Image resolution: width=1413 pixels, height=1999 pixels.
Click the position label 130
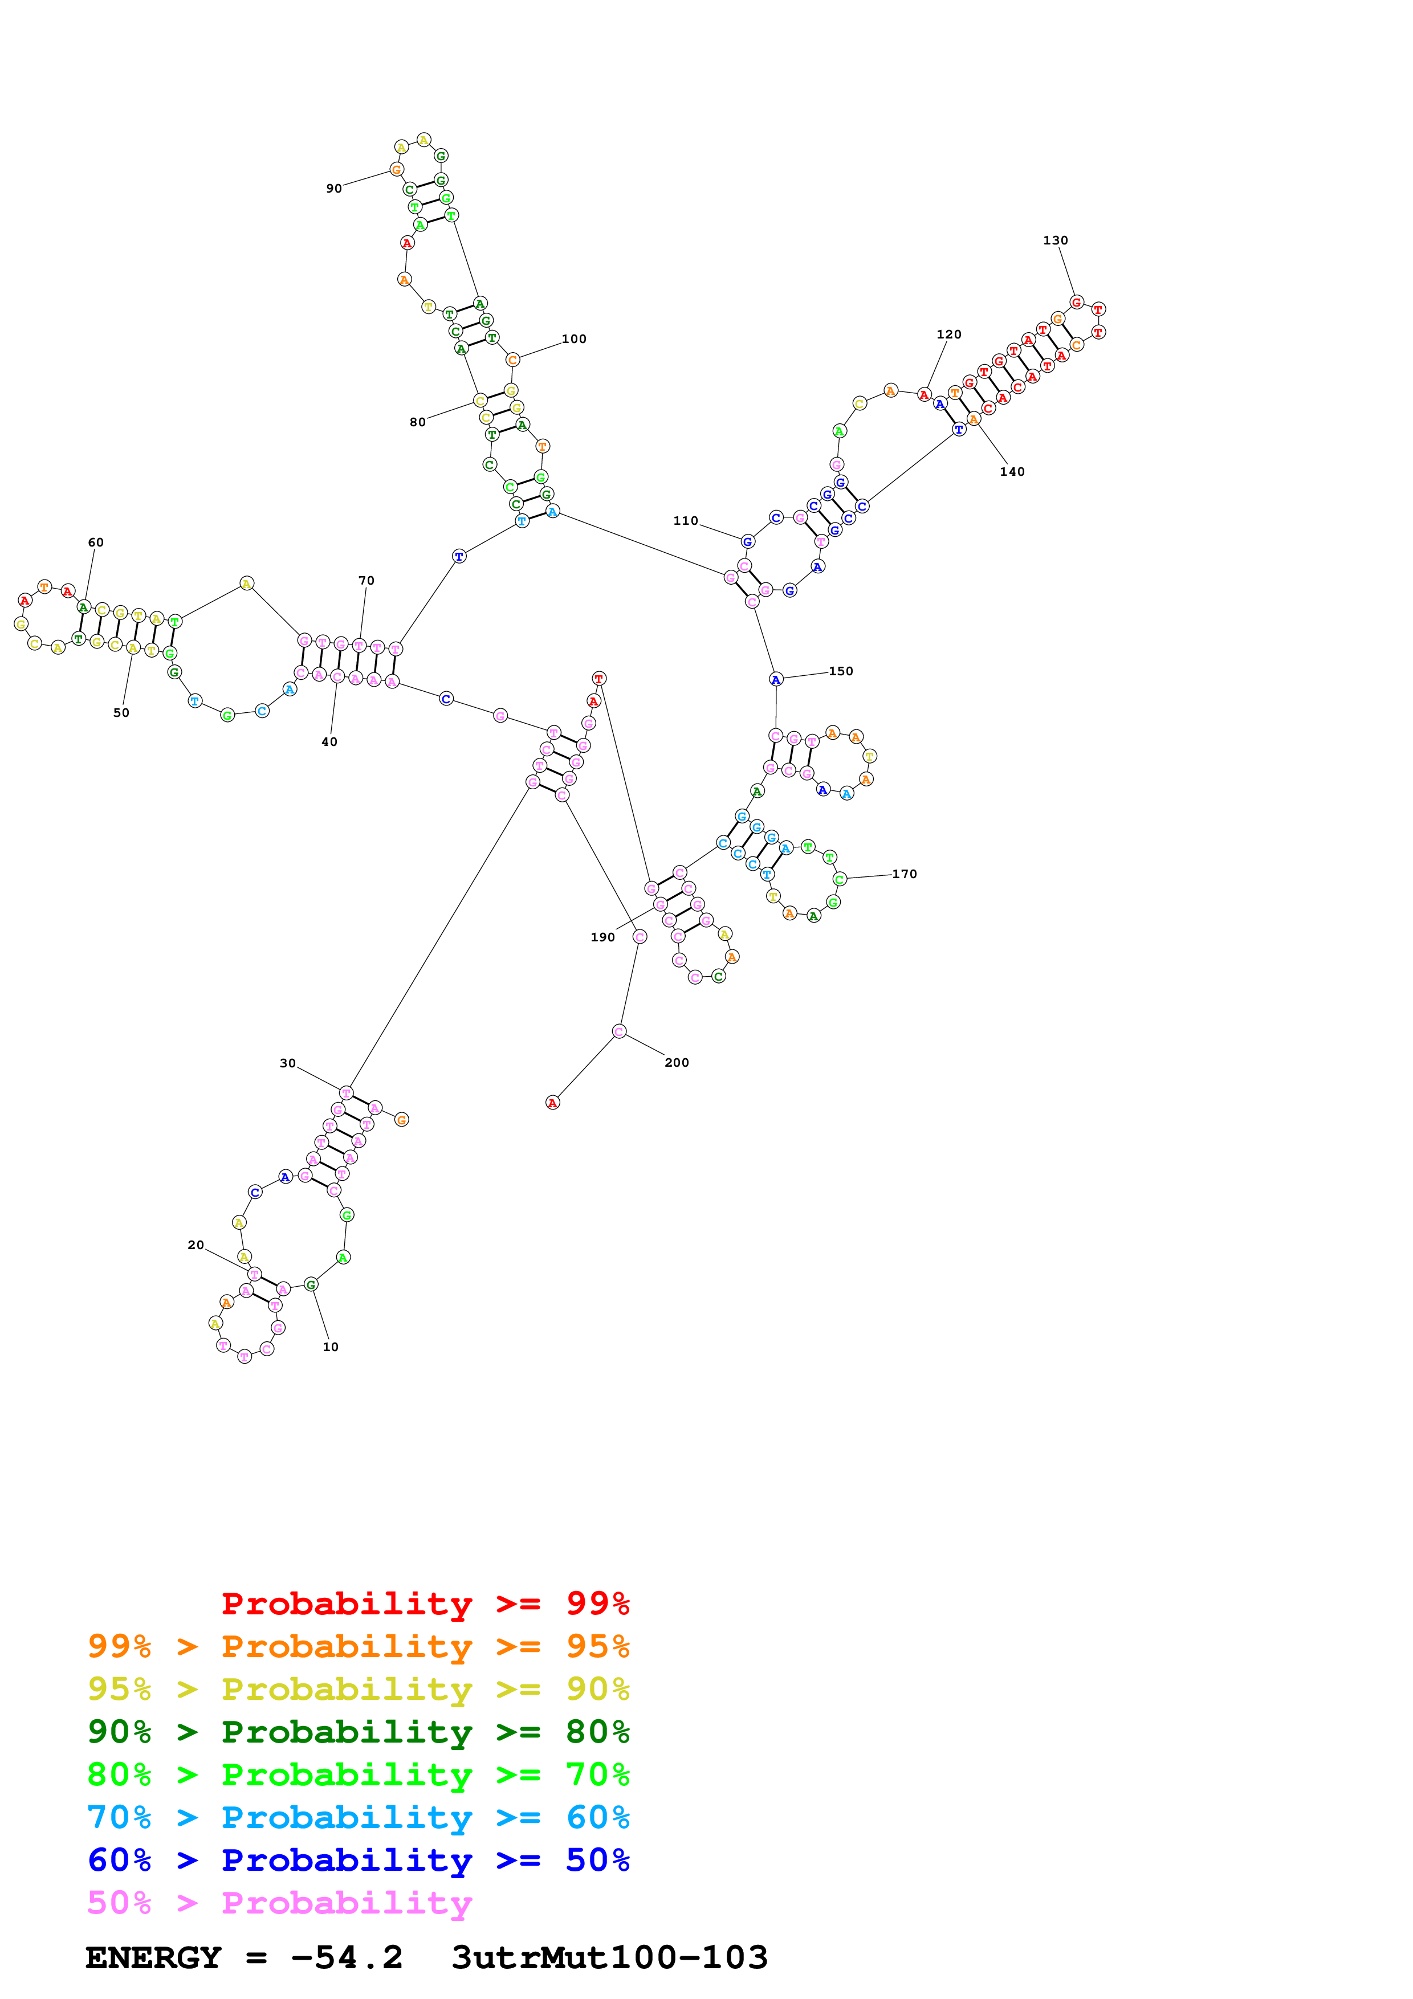1055,240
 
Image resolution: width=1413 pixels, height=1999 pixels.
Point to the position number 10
331,1347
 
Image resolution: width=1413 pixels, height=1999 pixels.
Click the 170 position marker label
905,874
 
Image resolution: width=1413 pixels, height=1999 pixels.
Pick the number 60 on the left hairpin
96,542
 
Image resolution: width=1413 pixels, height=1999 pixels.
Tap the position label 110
685,521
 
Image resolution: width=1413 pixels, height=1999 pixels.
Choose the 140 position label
1012,472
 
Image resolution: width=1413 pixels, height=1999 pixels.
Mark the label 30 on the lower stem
287,1063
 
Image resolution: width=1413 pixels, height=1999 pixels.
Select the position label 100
574,338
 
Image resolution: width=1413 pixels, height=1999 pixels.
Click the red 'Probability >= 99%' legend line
425,1603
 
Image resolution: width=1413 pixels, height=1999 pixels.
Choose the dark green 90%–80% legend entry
358,1732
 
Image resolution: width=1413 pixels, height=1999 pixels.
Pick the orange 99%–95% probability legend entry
358,1646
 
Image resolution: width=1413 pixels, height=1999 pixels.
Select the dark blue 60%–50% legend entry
358,1860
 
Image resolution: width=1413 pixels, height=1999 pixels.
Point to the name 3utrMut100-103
609,1957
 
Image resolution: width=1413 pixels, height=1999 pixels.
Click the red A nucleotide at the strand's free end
552,1103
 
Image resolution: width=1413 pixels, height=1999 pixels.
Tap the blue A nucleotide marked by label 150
776,679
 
